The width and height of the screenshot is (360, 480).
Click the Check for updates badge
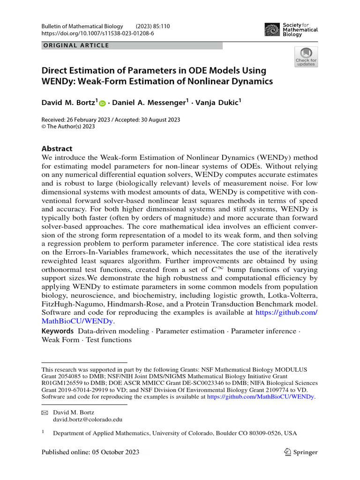tap(306, 57)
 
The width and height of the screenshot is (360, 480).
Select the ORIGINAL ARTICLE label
tap(76, 45)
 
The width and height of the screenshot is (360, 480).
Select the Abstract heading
tap(57, 149)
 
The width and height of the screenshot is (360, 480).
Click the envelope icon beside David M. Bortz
tap(45, 412)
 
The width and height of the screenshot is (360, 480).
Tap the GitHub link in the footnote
tap(261, 397)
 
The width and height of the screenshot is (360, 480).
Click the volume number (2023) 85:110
tap(153, 26)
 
